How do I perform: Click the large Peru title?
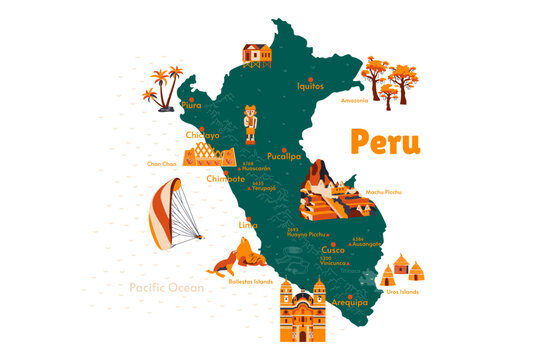pyautogui.click(x=385, y=141)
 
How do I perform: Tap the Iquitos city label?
pyautogui.click(x=311, y=86)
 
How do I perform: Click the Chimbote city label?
pyautogui.click(x=225, y=179)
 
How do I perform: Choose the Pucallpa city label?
pyautogui.click(x=285, y=157)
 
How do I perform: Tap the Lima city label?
pyautogui.click(x=248, y=226)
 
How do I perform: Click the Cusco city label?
pyautogui.click(x=319, y=250)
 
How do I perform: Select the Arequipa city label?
pyautogui.click(x=350, y=301)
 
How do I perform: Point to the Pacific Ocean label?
pyautogui.click(x=166, y=287)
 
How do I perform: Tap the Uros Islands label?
pyautogui.click(x=401, y=292)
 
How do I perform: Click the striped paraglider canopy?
pyautogui.click(x=163, y=213)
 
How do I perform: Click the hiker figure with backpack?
pyautogui.click(x=250, y=124)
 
